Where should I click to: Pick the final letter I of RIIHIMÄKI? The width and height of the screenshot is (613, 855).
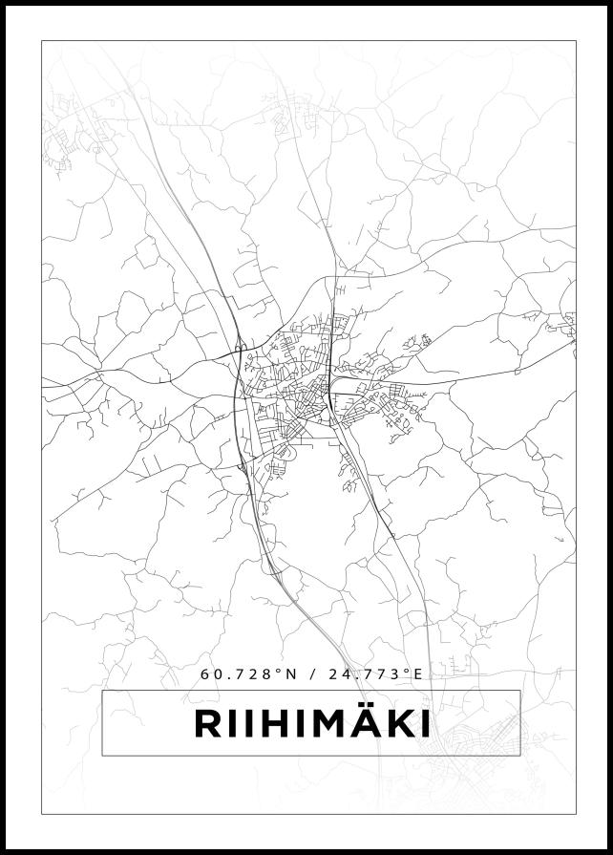tap(427, 724)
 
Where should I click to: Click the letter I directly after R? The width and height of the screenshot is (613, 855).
tap(232, 724)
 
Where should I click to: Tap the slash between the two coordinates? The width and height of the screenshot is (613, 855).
tap(312, 673)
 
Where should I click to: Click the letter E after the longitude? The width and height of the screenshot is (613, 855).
tap(417, 673)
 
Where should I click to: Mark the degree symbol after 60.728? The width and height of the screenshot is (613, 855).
tap(280, 671)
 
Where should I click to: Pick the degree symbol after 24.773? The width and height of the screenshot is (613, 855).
tap(405, 671)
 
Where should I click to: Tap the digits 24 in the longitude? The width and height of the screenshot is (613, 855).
tap(337, 673)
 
